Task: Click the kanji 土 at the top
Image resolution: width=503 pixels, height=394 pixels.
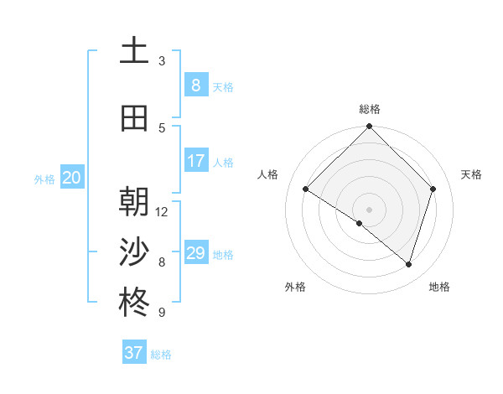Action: (x=134, y=51)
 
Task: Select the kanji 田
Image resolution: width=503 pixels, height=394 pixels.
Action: (x=134, y=118)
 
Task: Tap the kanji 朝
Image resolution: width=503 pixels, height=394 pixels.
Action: (x=134, y=202)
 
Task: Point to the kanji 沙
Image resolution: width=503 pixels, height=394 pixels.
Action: (x=134, y=251)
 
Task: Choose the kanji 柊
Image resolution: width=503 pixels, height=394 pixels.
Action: (x=134, y=303)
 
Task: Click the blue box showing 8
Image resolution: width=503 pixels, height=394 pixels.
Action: (x=195, y=85)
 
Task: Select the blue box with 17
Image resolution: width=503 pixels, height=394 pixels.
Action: (x=195, y=160)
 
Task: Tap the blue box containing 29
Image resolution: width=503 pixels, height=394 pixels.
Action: (x=195, y=252)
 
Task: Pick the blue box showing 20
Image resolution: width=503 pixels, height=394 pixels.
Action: (x=72, y=177)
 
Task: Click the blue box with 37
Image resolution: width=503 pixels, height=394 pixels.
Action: (x=133, y=353)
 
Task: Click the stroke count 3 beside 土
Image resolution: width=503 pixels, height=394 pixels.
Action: (x=162, y=61)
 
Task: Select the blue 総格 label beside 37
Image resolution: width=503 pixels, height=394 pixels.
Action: (x=161, y=355)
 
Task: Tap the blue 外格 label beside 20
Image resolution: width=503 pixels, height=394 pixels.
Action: (x=44, y=179)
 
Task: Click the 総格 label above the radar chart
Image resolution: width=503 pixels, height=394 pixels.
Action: (x=370, y=109)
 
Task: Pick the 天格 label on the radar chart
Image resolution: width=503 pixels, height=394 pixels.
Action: (x=472, y=174)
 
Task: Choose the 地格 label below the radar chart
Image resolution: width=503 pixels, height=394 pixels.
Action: (x=439, y=287)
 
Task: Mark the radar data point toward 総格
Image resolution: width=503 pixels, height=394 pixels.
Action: (x=370, y=127)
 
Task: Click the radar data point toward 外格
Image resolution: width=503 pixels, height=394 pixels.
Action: (x=360, y=224)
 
